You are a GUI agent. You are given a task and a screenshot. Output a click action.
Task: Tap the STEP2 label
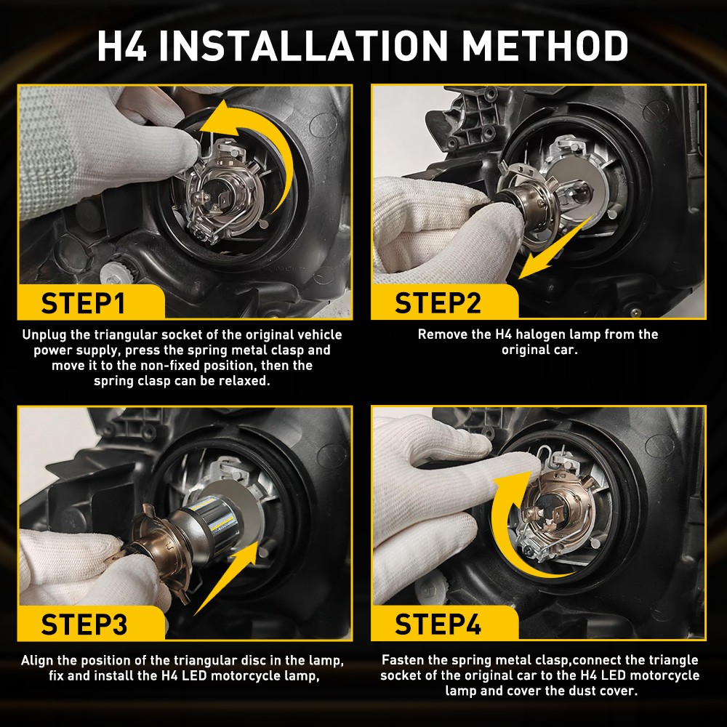tap(438, 302)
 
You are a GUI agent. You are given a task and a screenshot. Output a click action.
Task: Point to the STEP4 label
tap(438, 624)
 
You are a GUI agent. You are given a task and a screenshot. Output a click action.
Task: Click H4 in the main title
tap(123, 47)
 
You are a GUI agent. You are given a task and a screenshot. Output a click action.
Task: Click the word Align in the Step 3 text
tap(38, 661)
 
